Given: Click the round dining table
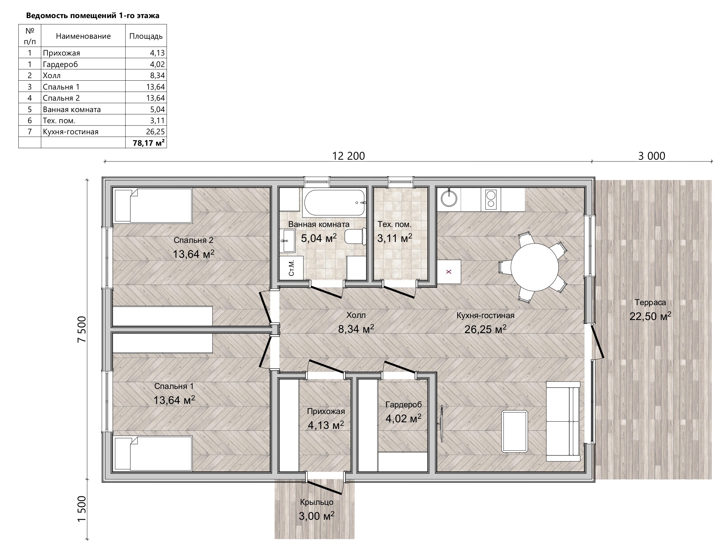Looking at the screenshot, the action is click(x=534, y=267).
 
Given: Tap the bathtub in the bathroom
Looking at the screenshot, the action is click(x=335, y=203).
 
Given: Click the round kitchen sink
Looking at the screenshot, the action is click(x=449, y=197).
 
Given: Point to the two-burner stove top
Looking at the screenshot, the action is click(x=491, y=199).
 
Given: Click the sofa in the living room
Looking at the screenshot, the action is click(x=563, y=421).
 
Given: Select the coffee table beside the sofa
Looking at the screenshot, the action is click(x=515, y=431).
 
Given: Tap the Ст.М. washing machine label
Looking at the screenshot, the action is click(x=291, y=268).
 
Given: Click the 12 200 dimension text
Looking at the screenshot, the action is click(x=349, y=156).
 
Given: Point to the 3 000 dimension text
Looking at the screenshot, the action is click(x=651, y=156).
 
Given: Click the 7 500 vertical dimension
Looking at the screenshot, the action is click(x=82, y=329).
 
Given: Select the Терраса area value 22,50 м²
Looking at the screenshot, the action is click(x=650, y=316).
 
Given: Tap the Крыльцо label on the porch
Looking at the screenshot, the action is click(x=317, y=502).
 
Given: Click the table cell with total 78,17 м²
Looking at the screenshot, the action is click(x=146, y=143).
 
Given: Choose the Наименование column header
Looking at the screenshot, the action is click(x=83, y=36).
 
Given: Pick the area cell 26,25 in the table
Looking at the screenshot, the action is click(x=146, y=131).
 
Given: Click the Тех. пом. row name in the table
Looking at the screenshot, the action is click(x=59, y=120).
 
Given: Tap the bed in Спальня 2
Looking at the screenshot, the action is click(x=153, y=205).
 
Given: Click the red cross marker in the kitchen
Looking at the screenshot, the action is click(x=449, y=272).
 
